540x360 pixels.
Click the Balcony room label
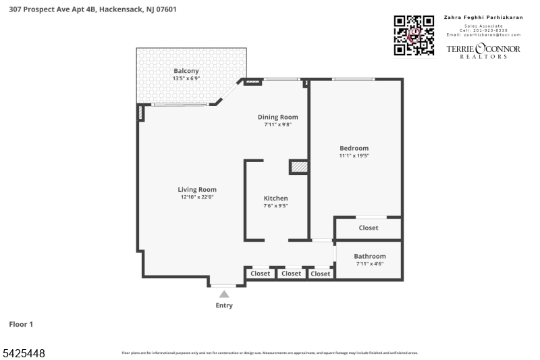coord(186,71)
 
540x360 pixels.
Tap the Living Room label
coord(197,190)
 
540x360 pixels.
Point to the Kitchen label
coord(275,199)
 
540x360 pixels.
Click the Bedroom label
coord(354,149)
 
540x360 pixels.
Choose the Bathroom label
coord(370,257)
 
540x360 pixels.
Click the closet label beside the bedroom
coord(369,228)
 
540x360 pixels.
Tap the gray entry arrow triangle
coord(224,294)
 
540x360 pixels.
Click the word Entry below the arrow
coord(224,306)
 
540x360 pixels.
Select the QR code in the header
coord(414,35)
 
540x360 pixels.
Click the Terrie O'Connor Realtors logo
coord(483,51)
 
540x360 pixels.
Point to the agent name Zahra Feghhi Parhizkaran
coord(483,18)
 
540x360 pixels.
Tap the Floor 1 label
coord(21,325)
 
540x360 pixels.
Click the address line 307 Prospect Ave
coord(92,9)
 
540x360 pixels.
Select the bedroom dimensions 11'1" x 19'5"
coord(354,156)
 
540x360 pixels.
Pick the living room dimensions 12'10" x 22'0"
coord(197,197)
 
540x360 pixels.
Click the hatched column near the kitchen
coord(298,167)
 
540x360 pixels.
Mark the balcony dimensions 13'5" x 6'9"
coord(186,78)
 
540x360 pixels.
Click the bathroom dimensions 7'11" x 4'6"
coord(370,264)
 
